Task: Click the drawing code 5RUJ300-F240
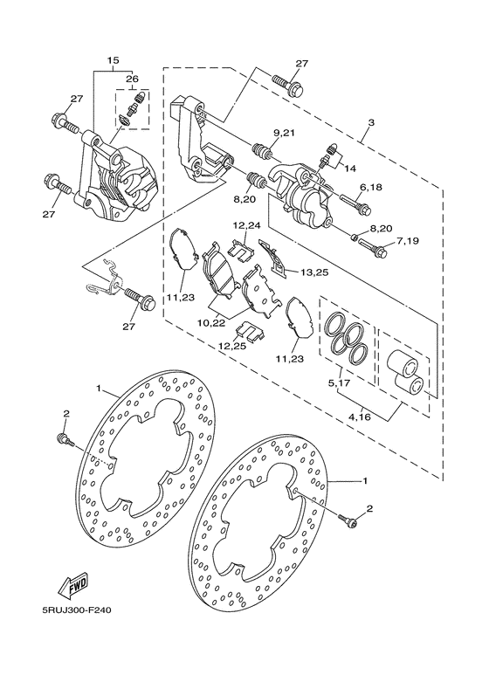point(73,610)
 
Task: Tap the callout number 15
point(114,60)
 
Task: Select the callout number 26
point(132,79)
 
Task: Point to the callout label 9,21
point(284,133)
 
